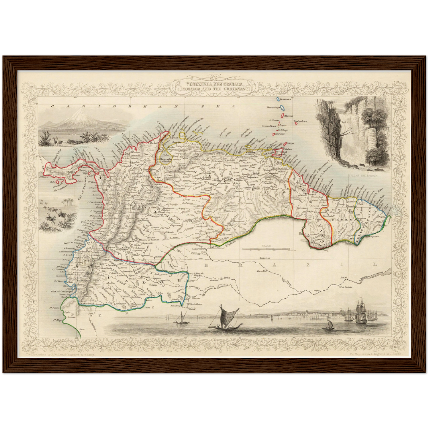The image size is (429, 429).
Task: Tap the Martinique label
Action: pos(273,108)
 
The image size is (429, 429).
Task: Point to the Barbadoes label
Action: pos(300,121)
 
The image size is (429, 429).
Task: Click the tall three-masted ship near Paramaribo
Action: pos(360,311)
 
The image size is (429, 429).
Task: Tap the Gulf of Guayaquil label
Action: pos(61,292)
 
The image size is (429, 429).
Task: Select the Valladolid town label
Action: pos(87,304)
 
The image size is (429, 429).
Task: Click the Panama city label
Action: pos(87,167)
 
